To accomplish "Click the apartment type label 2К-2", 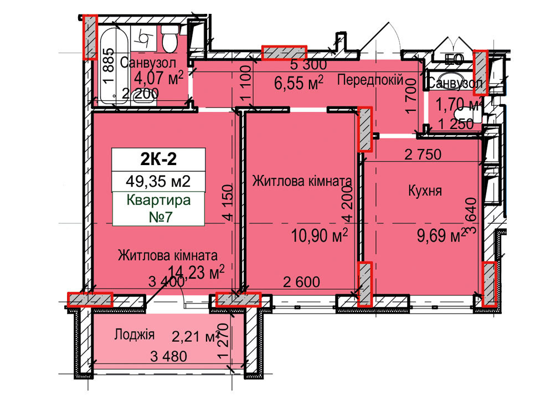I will (x=158, y=159).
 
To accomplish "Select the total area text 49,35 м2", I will (x=158, y=181).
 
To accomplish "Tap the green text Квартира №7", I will (x=158, y=208).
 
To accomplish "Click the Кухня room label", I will (x=424, y=191).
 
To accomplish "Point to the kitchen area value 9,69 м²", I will (x=441, y=237).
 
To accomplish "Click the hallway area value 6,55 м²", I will (x=299, y=84).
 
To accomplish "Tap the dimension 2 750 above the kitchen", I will (x=423, y=155).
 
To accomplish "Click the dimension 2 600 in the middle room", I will (x=301, y=281).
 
